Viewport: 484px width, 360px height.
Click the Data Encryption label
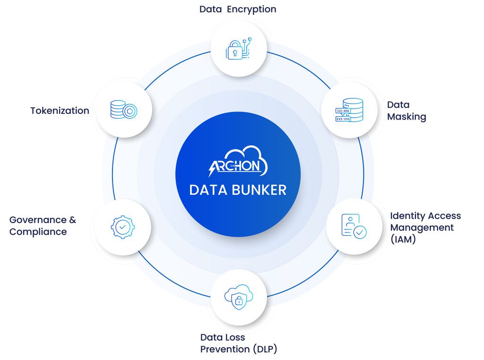point(238,9)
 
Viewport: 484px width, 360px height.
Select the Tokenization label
point(60,111)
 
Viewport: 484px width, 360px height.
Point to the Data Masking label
point(406,111)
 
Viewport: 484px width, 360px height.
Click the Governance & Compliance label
point(43,226)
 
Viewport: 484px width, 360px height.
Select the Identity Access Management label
point(425,227)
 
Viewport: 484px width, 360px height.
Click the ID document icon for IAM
point(354,226)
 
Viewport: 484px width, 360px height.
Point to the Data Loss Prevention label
point(238,343)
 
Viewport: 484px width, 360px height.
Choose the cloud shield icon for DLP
point(239,297)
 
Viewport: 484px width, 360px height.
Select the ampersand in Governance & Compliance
point(72,220)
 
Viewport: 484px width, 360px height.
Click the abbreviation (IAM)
point(403,240)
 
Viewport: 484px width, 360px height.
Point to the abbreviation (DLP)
point(265,350)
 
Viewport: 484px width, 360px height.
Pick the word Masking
point(406,117)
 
